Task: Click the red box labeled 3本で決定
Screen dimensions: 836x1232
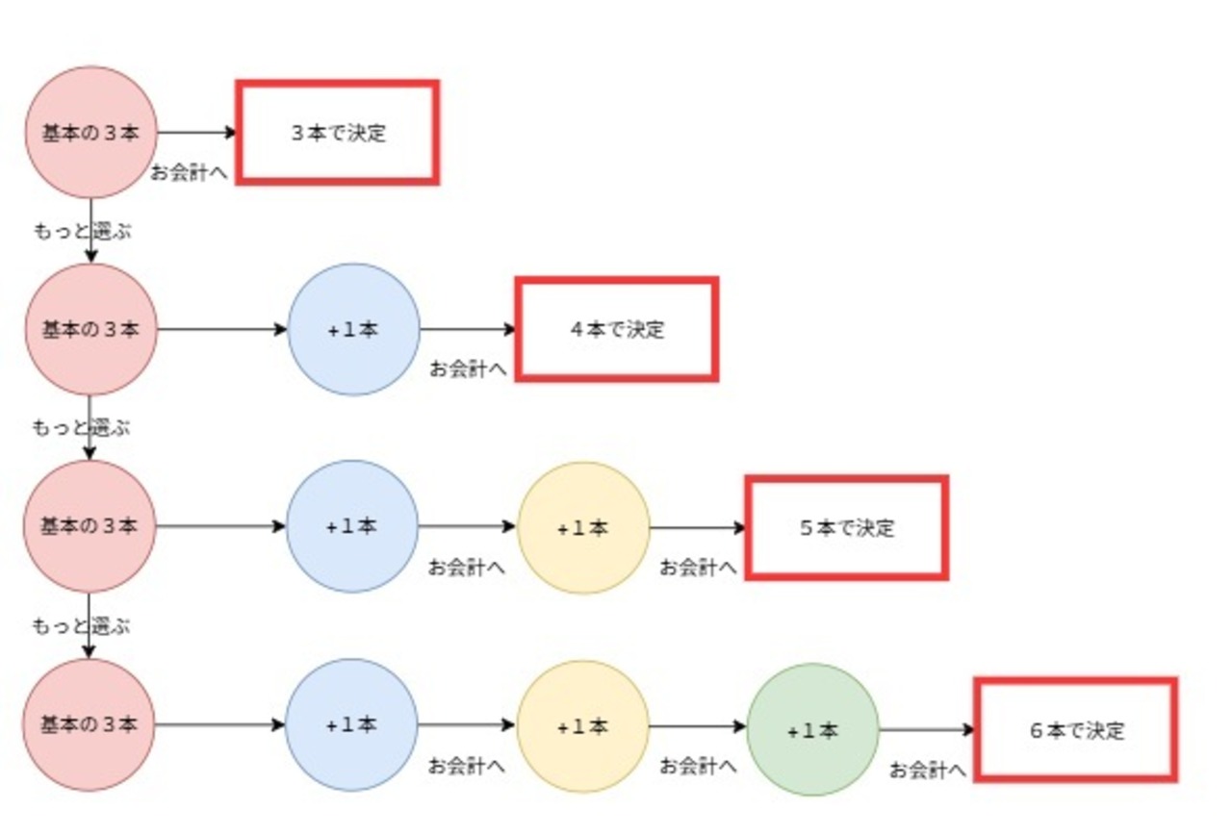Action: click(x=338, y=132)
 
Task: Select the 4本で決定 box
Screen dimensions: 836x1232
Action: click(x=617, y=329)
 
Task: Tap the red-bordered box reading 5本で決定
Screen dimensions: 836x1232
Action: click(x=847, y=527)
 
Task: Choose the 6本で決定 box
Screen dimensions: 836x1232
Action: click(x=1076, y=729)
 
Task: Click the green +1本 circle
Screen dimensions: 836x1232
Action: click(x=812, y=729)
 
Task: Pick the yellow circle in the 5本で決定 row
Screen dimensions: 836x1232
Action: click(x=583, y=527)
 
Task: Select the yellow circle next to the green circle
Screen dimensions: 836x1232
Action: click(x=583, y=725)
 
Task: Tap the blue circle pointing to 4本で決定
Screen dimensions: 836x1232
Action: click(x=353, y=329)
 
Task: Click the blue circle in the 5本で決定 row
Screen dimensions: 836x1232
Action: click(x=352, y=526)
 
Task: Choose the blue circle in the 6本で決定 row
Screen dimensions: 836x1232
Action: click(x=352, y=724)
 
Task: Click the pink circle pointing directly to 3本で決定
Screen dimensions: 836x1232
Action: click(x=90, y=132)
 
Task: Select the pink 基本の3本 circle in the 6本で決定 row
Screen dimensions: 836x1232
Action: click(x=89, y=724)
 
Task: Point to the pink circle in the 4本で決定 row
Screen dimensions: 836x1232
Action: click(x=90, y=329)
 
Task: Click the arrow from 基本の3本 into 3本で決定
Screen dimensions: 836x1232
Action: click(x=196, y=132)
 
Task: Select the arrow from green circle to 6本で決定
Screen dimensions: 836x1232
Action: click(x=927, y=729)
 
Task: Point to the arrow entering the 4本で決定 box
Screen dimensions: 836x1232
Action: click(x=469, y=329)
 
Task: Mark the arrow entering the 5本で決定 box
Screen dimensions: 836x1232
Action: click(x=698, y=527)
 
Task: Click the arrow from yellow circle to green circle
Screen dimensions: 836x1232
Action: click(x=698, y=726)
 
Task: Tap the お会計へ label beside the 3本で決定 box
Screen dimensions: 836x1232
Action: click(x=189, y=173)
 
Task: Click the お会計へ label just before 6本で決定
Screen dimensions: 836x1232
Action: click(x=927, y=770)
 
